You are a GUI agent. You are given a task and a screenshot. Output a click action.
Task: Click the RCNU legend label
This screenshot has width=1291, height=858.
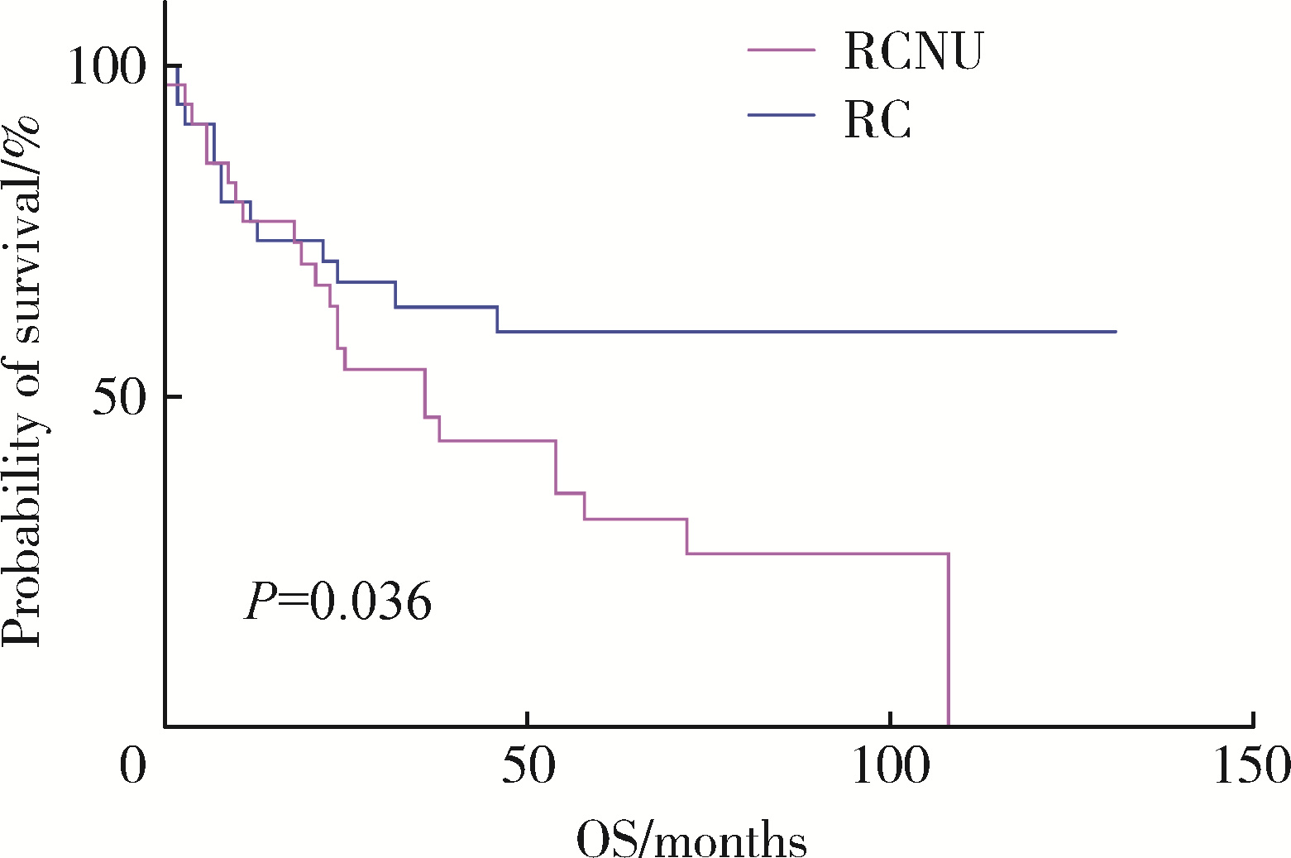[x=913, y=51]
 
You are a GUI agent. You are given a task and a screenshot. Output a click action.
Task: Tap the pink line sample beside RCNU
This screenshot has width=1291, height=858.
[x=782, y=50]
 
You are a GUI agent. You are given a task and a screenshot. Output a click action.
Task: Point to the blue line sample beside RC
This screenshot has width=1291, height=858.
[x=782, y=114]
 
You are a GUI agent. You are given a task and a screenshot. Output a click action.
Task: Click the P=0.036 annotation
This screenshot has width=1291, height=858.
[x=338, y=602]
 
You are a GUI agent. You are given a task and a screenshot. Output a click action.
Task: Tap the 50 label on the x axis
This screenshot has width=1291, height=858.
[x=528, y=765]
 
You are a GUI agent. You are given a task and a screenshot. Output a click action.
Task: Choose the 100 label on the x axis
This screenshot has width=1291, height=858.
[x=890, y=765]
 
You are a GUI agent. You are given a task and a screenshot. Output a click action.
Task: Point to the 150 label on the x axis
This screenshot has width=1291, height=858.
[x=1251, y=765]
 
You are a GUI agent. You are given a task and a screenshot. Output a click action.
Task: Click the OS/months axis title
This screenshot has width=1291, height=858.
[x=691, y=840]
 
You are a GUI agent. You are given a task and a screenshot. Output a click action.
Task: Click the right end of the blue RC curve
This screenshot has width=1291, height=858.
[x=1116, y=331]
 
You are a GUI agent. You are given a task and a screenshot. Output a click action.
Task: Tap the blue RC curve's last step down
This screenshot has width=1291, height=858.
[x=498, y=319]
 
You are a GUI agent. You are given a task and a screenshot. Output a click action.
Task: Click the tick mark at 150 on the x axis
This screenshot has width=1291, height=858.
[x=1253, y=719]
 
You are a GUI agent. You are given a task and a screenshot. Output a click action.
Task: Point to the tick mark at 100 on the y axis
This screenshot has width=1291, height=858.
[x=158, y=65]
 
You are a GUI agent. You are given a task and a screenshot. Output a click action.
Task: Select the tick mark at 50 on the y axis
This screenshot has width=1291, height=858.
[x=158, y=396]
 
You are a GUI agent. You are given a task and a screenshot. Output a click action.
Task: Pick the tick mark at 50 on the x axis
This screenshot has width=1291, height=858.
[x=528, y=719]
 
